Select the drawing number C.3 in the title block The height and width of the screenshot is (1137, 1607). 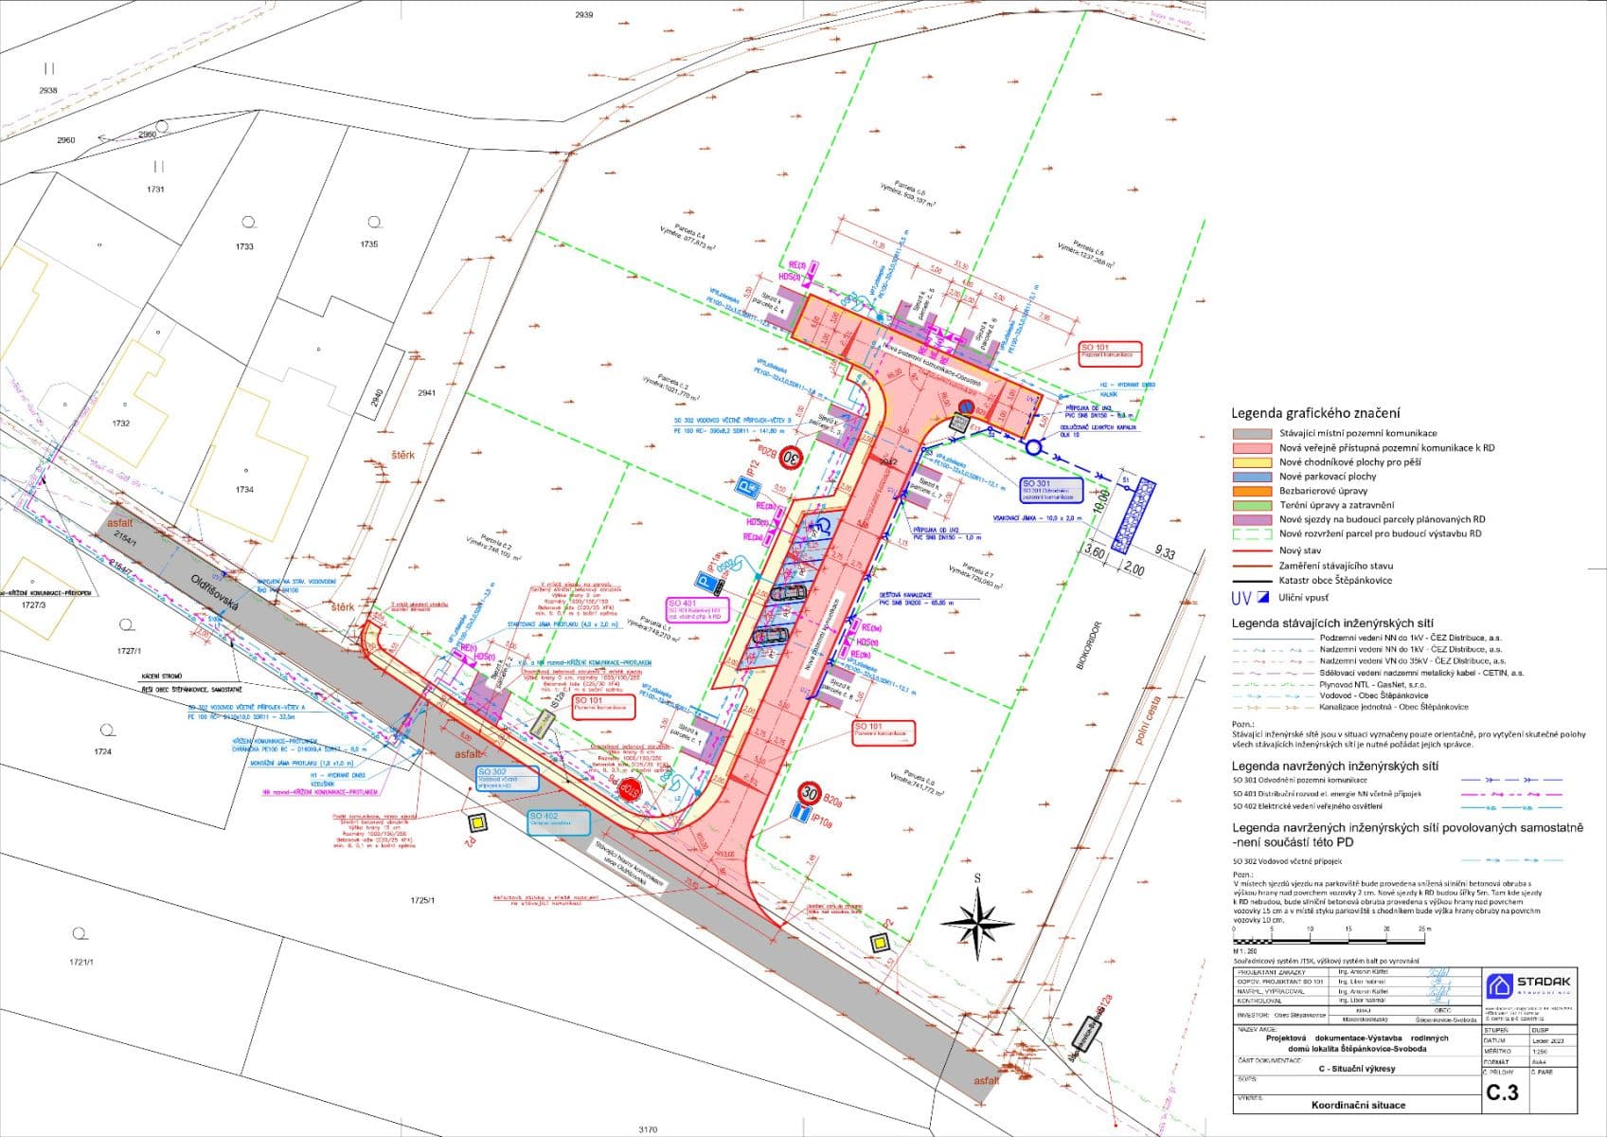1502,1092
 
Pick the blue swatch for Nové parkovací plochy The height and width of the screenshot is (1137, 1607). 1251,477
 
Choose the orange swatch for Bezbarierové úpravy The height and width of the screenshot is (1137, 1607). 1251,491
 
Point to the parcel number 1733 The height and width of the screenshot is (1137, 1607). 244,246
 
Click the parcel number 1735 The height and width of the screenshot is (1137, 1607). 368,244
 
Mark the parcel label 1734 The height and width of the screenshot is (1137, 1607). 244,490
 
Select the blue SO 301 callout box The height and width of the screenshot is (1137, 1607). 1051,490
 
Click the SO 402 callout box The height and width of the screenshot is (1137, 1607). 558,821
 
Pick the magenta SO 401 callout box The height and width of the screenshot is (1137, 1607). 695,609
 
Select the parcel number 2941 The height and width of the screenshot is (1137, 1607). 426,392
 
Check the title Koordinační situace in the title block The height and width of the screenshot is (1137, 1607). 1357,1105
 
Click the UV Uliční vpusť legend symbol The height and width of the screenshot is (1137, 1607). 1251,598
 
